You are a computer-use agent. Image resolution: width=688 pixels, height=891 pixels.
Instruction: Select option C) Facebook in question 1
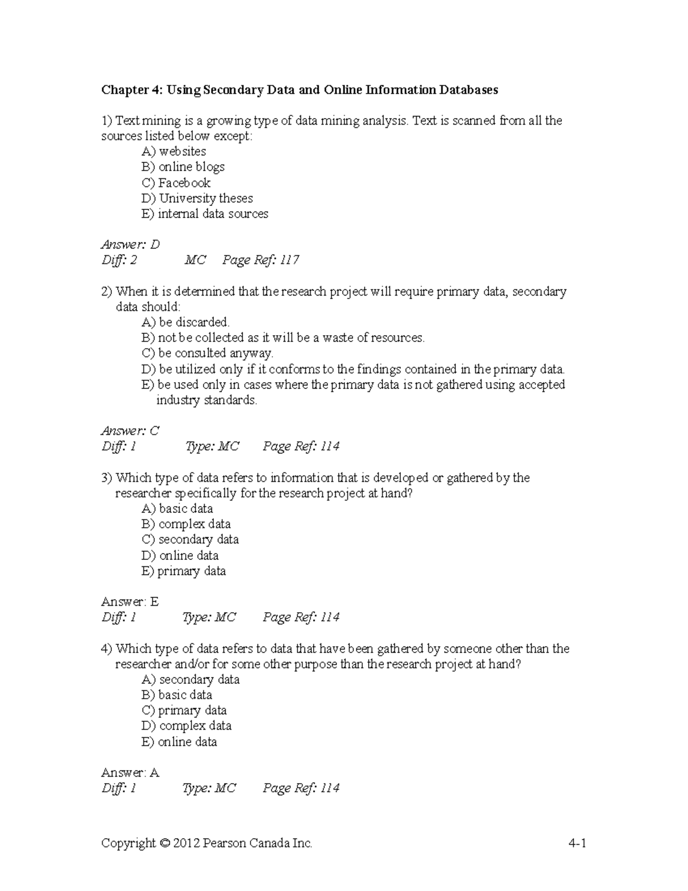point(176,183)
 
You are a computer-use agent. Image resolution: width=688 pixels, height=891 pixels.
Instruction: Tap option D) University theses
point(197,199)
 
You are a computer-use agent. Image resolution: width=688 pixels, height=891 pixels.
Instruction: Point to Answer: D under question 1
point(130,245)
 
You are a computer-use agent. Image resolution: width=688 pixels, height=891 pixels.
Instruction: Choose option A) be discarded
point(185,322)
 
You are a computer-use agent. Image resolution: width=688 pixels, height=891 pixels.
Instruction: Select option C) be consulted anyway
point(207,353)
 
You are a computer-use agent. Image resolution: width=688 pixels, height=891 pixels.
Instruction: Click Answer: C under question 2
point(130,431)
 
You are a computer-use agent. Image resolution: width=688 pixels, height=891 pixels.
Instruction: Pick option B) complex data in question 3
point(186,524)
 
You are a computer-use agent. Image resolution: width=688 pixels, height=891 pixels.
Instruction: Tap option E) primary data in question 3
point(183,571)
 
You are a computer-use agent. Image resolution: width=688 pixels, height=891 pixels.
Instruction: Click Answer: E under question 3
point(130,602)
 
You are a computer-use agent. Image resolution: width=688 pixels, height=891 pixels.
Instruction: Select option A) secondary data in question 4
point(190,680)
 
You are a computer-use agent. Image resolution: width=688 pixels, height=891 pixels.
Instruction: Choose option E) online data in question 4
point(179,742)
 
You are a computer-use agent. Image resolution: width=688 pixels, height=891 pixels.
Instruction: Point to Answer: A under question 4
point(130,773)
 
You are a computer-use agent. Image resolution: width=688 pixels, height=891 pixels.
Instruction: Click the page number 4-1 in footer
point(577,843)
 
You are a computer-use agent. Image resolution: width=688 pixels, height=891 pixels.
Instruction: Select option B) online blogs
point(183,168)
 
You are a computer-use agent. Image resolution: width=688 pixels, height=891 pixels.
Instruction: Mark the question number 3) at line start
point(107,478)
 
